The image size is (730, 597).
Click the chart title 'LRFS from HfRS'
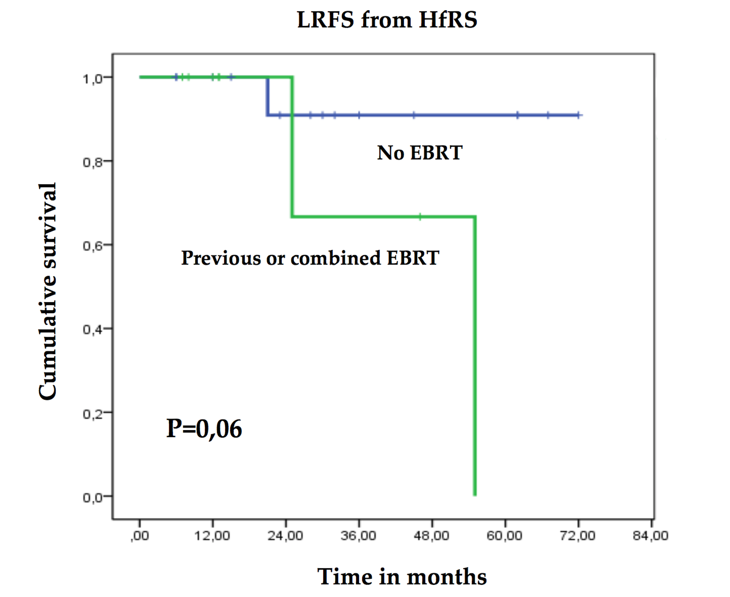pyautogui.click(x=387, y=20)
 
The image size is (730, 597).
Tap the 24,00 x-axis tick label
pyautogui.click(x=285, y=536)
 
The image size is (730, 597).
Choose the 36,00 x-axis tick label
pyautogui.click(x=358, y=536)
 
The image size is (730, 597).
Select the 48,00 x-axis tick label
pyautogui.click(x=432, y=536)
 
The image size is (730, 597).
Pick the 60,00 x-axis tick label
pyautogui.click(x=504, y=536)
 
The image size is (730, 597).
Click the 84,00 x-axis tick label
pyautogui.click(x=651, y=536)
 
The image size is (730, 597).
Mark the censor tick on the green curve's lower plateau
pyautogui.click(x=420, y=217)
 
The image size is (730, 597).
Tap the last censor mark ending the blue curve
pyautogui.click(x=579, y=115)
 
